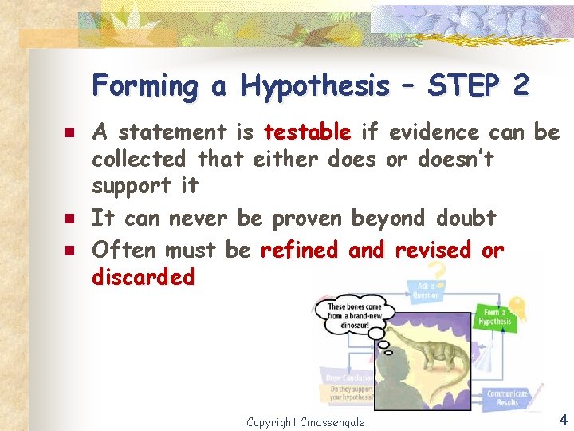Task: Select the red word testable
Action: point(307,132)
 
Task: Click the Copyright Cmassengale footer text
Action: point(305,421)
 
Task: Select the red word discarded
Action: point(143,277)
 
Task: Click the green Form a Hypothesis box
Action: point(494,317)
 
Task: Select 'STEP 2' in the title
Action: point(478,85)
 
